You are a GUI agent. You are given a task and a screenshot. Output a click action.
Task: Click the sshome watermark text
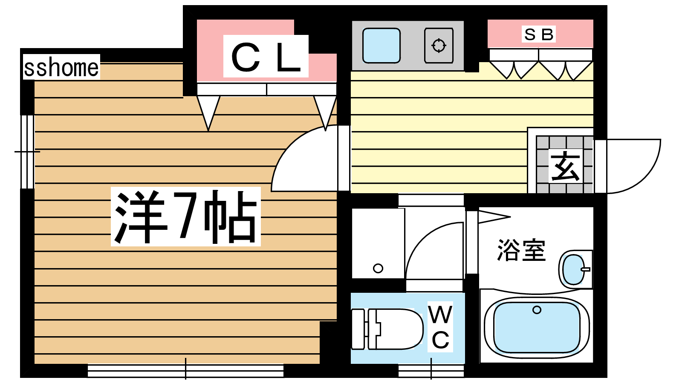click(61, 67)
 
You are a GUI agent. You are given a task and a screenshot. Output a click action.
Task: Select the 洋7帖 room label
click(186, 217)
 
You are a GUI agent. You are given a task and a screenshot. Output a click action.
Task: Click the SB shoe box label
click(539, 34)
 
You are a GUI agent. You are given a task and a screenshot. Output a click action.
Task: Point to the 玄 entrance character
click(564, 166)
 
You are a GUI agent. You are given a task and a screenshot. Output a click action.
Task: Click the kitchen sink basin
click(381, 46)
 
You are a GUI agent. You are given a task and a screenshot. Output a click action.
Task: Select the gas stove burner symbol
click(439, 45)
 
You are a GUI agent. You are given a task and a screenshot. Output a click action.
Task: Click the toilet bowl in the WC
click(396, 329)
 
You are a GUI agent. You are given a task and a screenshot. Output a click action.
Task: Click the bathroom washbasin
click(574, 270)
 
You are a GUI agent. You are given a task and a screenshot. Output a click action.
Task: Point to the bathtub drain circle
click(537, 310)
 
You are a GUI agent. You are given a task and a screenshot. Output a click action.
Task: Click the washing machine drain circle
click(378, 268)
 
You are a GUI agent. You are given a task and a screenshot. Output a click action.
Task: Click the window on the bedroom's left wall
click(27, 151)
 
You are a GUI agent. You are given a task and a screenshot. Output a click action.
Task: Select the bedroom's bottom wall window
click(185, 370)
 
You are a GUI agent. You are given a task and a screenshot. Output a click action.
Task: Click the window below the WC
click(431, 370)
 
